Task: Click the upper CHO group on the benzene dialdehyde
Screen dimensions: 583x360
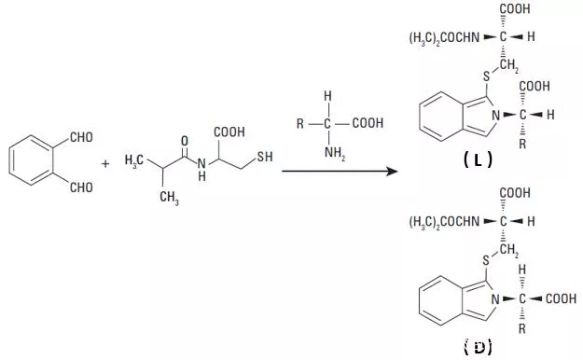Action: [x=81, y=137]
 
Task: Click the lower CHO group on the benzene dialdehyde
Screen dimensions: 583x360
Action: [x=81, y=187]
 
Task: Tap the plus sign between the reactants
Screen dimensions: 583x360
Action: [x=105, y=163]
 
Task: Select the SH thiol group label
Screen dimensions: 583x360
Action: [x=265, y=157]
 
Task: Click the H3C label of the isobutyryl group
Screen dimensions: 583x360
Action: [x=133, y=160]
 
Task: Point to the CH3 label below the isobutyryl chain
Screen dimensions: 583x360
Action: [x=169, y=197]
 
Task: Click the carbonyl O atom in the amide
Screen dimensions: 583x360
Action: [x=185, y=141]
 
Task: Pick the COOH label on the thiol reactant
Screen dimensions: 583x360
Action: [x=229, y=132]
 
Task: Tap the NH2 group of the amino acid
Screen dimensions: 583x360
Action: [x=335, y=153]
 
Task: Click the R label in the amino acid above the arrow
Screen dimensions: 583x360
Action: [x=300, y=123]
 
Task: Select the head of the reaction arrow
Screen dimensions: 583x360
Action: [x=393, y=171]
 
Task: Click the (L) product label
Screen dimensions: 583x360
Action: [x=478, y=159]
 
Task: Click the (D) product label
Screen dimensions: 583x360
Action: [x=478, y=347]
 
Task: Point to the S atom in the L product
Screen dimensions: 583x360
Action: [x=487, y=76]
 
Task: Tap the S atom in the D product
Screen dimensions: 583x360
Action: [x=487, y=261]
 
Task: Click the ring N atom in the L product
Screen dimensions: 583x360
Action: [x=495, y=116]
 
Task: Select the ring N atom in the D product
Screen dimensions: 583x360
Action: [x=495, y=299]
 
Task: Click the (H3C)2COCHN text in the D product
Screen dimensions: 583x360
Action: [x=444, y=222]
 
